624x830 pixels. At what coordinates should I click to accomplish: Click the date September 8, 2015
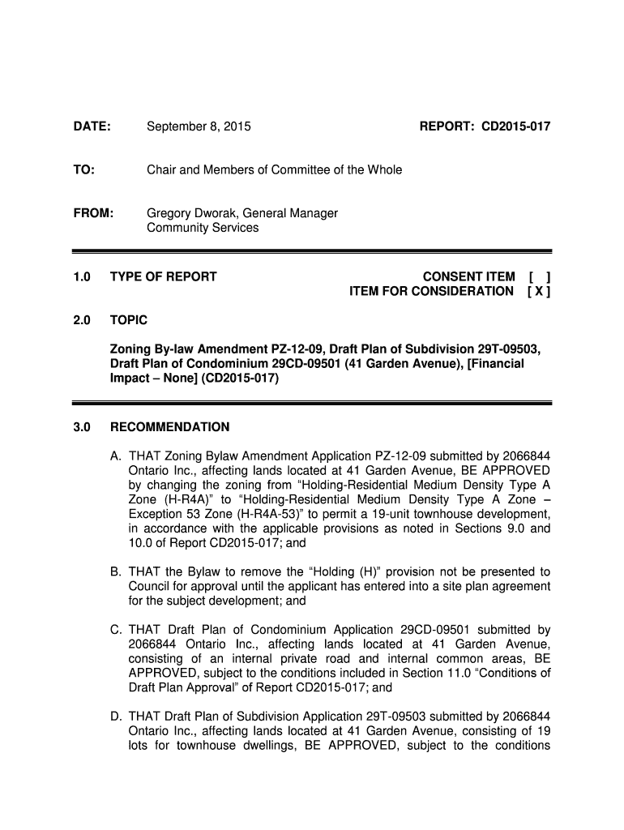click(199, 126)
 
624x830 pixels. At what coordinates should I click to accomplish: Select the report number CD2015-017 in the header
click(516, 126)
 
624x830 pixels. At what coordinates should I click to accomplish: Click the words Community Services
click(203, 228)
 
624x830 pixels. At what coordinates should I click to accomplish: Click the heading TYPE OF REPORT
click(163, 277)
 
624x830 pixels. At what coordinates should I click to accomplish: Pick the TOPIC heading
click(128, 321)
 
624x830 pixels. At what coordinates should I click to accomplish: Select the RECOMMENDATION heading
click(169, 427)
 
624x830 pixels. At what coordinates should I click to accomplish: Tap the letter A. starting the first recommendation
click(116, 456)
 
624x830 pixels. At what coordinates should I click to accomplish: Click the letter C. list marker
click(116, 630)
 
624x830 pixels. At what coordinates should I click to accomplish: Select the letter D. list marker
click(116, 717)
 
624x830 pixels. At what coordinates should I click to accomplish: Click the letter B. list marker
click(116, 571)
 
